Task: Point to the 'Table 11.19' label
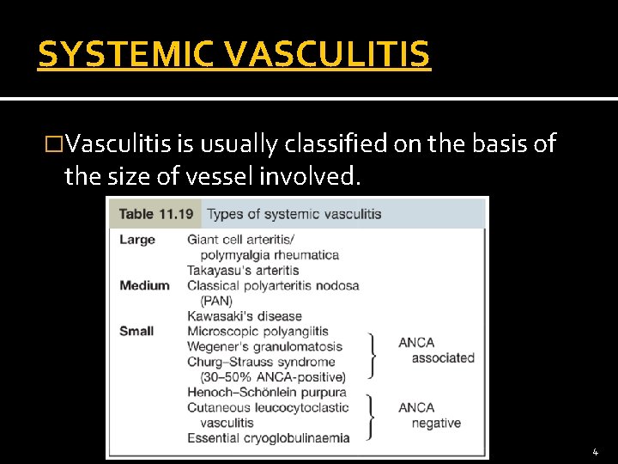(154, 214)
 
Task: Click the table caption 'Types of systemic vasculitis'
(294, 214)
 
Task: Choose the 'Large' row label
(137, 240)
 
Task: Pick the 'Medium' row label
(144, 285)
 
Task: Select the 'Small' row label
(136, 331)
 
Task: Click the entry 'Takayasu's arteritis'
(243, 270)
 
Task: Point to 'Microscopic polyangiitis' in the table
(257, 331)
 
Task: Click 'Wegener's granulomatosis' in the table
(264, 346)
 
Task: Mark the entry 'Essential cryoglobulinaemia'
(269, 437)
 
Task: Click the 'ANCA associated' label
(436, 350)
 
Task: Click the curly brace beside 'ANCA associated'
(373, 354)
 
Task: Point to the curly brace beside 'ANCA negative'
(373, 415)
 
